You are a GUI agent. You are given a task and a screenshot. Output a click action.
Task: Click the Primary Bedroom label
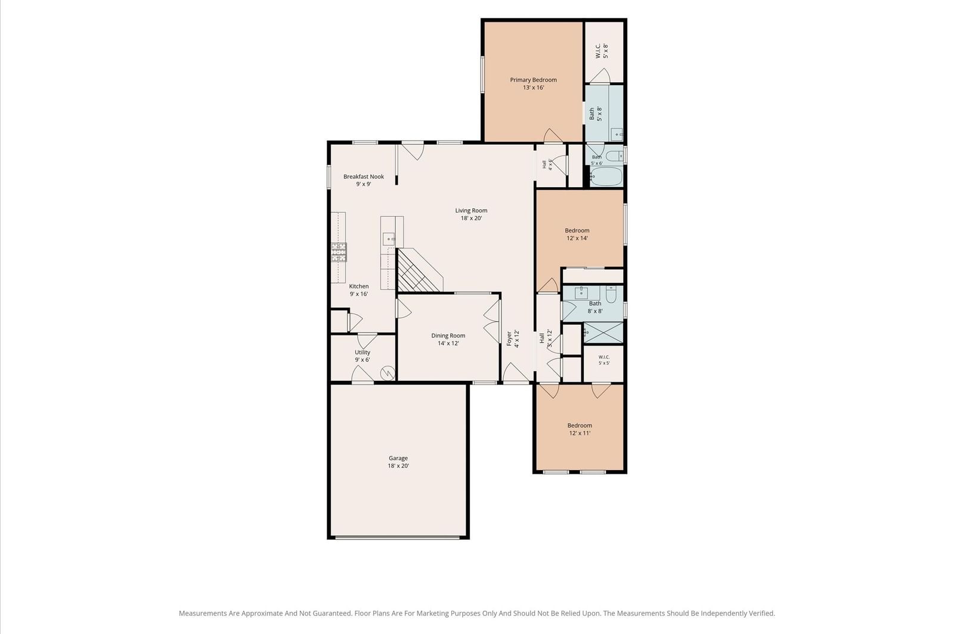[533, 83]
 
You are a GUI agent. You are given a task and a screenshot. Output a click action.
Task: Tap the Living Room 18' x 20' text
[471, 214]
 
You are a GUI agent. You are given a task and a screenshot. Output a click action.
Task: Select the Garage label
[398, 462]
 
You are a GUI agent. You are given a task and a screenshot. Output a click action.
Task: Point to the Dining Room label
[448, 339]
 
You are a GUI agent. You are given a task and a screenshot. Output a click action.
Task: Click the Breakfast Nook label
[364, 180]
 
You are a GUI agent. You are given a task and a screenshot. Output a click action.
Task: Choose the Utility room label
[363, 356]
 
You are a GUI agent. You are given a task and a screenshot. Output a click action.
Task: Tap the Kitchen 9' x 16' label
[358, 290]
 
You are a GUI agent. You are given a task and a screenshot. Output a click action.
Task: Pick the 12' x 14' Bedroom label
[577, 234]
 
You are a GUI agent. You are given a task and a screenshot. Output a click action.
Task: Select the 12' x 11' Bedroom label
[580, 429]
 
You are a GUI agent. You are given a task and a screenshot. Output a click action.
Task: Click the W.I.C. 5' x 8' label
[602, 51]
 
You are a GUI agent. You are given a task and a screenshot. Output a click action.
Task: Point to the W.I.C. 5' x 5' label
[604, 360]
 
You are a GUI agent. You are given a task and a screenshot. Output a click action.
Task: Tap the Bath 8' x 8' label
[595, 307]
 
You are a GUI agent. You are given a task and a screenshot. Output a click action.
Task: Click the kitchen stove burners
[339, 252]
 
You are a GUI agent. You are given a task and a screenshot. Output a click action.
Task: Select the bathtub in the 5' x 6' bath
[606, 176]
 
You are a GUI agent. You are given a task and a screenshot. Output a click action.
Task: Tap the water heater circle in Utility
[388, 373]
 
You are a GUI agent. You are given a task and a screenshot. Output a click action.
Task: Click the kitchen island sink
[389, 239]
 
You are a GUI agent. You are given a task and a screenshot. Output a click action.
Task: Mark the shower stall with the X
[603, 332]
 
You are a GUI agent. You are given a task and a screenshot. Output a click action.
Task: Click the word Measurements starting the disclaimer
[203, 613]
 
